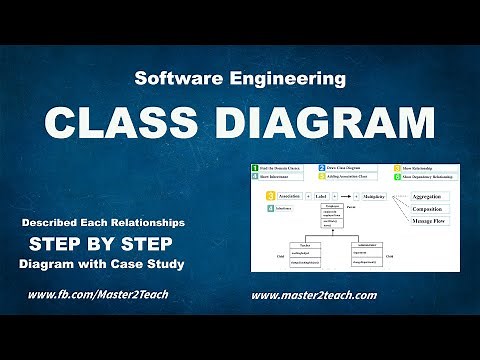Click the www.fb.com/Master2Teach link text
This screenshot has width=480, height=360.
[98, 296]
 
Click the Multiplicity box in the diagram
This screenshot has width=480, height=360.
[374, 197]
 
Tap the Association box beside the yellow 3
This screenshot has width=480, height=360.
[289, 197]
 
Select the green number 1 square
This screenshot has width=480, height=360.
[256, 167]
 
